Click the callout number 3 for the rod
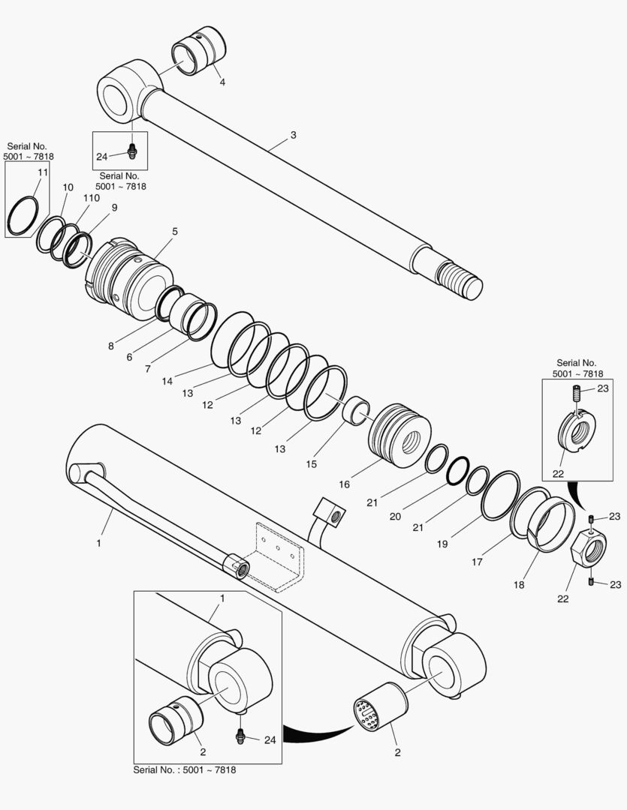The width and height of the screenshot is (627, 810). point(293,135)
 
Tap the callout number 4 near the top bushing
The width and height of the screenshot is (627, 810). point(222,82)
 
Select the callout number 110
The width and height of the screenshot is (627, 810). point(91,197)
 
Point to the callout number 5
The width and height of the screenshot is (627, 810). point(175,232)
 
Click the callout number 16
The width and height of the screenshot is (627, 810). point(344,484)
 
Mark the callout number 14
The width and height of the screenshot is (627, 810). point(167,380)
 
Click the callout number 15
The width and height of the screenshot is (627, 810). point(312,464)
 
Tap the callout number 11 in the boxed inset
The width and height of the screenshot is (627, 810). point(43,172)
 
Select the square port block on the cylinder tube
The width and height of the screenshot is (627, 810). point(331,513)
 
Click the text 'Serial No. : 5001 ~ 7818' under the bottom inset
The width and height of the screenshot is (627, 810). point(188,769)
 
